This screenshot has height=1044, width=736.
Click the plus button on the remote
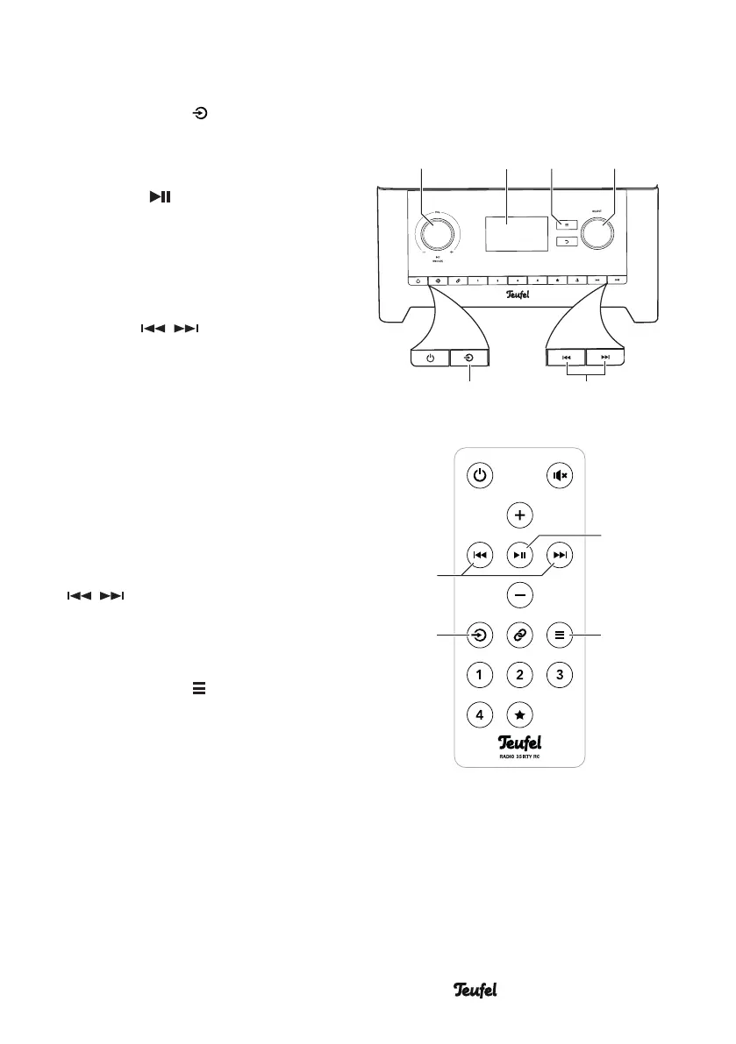click(x=520, y=515)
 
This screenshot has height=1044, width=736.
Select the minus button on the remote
click(x=520, y=595)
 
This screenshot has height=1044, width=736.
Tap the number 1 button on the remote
click(x=479, y=675)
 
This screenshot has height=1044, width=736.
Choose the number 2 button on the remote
click(x=520, y=675)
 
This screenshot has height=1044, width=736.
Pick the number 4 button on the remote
click(x=479, y=715)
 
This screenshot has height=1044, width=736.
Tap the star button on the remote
click(x=520, y=715)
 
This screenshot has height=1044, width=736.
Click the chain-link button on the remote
click(x=520, y=635)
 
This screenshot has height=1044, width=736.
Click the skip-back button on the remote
click(x=479, y=555)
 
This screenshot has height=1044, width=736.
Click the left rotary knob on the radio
click(x=436, y=233)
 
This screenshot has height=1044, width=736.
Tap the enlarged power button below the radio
click(x=430, y=358)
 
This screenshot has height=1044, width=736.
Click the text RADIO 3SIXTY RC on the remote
click(x=520, y=756)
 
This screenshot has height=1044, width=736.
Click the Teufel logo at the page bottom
click(x=475, y=990)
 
